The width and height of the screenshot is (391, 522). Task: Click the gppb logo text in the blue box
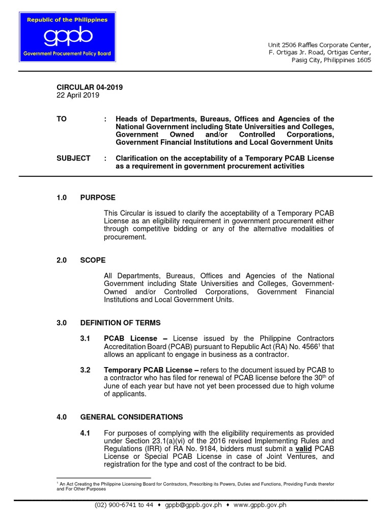[68, 37]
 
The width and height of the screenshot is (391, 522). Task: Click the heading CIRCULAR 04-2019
[90, 87]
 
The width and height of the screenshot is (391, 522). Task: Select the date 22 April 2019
[78, 95]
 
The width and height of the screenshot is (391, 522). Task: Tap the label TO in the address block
[62, 119]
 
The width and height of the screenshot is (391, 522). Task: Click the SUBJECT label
[73, 158]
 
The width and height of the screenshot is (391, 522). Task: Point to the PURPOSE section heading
[98, 197]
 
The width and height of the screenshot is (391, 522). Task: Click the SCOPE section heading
[93, 260]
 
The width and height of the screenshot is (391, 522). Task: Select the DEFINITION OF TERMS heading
[120, 323]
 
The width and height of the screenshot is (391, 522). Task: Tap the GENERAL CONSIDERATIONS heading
[131, 417]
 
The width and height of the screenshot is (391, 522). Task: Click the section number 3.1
[86, 338]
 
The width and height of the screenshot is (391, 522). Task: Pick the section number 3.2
[86, 370]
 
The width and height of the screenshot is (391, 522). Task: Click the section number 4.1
[86, 433]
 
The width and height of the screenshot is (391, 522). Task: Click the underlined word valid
[303, 449]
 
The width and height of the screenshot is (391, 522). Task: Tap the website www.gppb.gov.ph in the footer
[260, 505]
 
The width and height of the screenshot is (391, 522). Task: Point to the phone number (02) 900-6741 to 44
[124, 505]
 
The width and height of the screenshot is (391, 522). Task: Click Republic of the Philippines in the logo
[67, 20]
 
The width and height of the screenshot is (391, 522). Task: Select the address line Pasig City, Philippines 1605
[331, 60]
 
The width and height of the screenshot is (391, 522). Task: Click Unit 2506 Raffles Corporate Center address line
[320, 44]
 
